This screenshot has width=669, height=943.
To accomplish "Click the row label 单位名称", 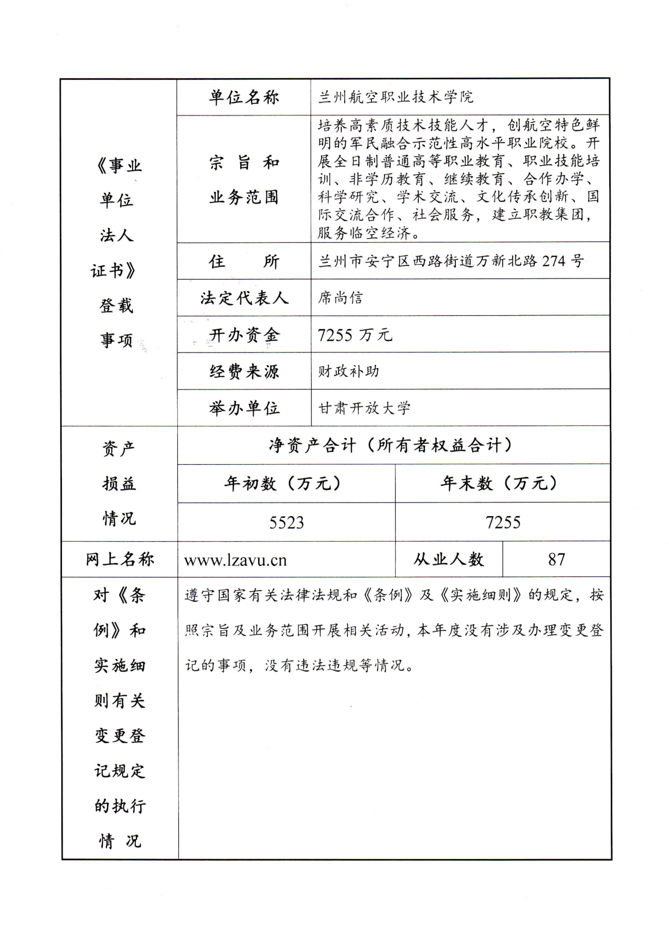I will [244, 98].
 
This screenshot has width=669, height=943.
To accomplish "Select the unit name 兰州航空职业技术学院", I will [396, 98].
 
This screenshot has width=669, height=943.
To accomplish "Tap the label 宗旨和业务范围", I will [244, 179].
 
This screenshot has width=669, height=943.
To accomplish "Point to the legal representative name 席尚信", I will [340, 298].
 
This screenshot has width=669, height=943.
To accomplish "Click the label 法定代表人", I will [244, 298].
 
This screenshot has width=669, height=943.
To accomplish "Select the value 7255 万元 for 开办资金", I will [355, 335].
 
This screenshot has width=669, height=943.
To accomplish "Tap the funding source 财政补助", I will [348, 371].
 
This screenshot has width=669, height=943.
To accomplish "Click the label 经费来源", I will [244, 371].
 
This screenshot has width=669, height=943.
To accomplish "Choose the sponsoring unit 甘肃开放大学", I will [365, 408].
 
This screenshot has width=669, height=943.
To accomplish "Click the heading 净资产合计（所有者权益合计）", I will [391, 445].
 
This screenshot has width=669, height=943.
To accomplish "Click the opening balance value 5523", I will [286, 522].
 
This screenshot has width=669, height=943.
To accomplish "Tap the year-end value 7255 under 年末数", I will [503, 522].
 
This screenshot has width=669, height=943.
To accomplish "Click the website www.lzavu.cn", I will [235, 560].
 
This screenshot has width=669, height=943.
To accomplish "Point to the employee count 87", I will [556, 560].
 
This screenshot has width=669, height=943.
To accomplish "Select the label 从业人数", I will [449, 560].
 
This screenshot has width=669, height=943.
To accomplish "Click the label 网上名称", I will [120, 560].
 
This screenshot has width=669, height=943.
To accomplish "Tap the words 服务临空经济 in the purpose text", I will [364, 232].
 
